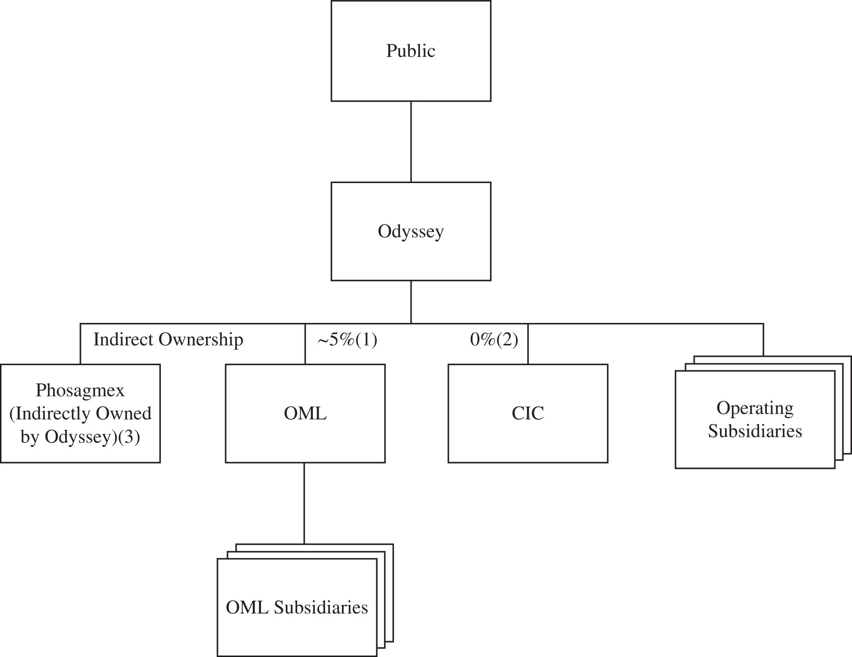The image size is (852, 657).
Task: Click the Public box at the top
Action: point(411,51)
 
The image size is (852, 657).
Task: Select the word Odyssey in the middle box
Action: point(411,231)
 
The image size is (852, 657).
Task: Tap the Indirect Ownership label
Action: point(168,340)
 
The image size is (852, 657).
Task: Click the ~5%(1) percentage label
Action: point(347,340)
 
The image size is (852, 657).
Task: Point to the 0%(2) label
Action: point(494,340)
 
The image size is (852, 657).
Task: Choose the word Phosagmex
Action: point(80,390)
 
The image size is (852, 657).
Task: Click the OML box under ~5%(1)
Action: point(305,413)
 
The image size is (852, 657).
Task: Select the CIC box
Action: point(528,413)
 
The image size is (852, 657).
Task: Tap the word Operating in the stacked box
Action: point(755,408)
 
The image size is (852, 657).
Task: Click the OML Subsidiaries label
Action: point(297,607)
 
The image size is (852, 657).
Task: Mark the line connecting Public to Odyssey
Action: point(411,142)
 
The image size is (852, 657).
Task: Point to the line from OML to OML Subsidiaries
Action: point(304,503)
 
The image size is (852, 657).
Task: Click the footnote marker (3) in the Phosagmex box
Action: point(129,437)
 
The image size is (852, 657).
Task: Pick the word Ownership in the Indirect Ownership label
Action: point(201,340)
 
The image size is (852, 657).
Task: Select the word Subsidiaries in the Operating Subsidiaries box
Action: point(755,431)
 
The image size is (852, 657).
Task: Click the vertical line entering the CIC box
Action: point(528,344)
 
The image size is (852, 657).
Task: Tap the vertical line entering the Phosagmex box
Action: point(80,344)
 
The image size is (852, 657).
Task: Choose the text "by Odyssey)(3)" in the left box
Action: point(80,437)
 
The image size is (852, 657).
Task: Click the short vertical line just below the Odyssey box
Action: point(411,302)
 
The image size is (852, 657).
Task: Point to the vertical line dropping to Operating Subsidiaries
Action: point(763,340)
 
